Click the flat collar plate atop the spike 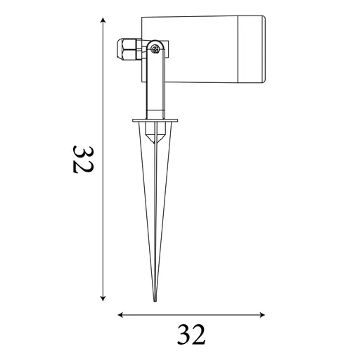[155, 121]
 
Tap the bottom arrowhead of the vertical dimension [103, 298]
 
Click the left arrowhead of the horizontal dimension [120, 314]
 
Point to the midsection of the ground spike [155, 211]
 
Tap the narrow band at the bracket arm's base [155, 114]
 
